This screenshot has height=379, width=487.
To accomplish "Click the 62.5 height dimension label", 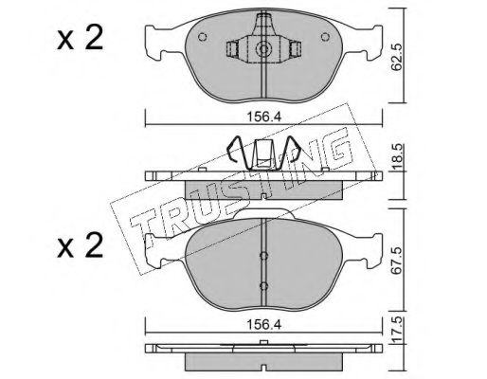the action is (396, 57).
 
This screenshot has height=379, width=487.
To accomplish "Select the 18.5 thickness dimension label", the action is (398, 157).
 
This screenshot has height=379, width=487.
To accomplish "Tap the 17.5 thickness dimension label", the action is (398, 331).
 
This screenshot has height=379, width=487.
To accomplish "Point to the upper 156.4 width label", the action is (263, 117).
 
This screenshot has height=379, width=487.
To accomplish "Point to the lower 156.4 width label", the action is (263, 325).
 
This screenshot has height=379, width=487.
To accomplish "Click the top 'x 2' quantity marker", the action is (81, 39).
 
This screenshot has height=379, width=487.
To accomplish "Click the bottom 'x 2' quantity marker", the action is (81, 245).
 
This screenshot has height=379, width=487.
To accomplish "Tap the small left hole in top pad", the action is (202, 37).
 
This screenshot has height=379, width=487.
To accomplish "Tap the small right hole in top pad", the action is (325, 37).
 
